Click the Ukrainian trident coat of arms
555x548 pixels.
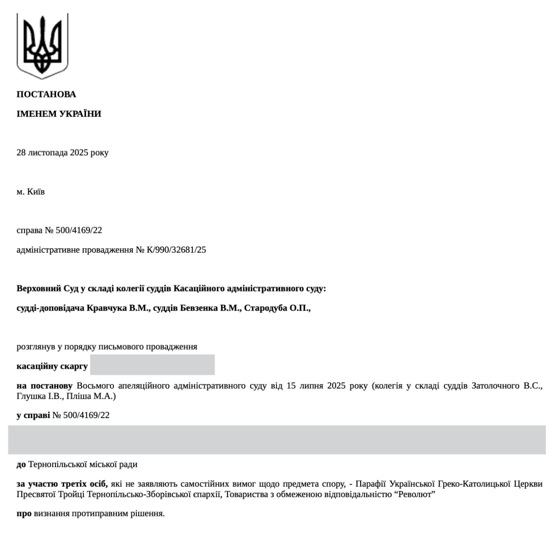(42, 46)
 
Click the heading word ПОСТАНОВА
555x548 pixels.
(46, 94)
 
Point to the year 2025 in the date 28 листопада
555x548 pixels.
(79, 152)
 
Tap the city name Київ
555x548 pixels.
(36, 191)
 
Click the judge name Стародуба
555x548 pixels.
(265, 308)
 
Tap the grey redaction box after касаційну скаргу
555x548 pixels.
(152, 365)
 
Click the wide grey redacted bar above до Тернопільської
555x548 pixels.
(277, 439)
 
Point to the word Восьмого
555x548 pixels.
(94, 386)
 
